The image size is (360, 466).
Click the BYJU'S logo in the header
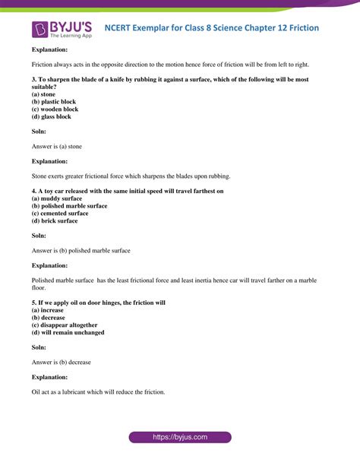[x=61, y=28]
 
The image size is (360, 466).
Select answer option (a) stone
[x=43, y=94]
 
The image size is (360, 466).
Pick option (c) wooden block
[x=55, y=109]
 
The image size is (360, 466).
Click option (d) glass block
[x=51, y=117]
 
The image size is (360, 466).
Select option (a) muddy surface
[x=58, y=198]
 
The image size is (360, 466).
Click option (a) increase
[x=48, y=310]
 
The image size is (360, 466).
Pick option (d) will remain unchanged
[x=68, y=333]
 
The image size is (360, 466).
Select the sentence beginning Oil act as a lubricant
[x=98, y=392]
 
